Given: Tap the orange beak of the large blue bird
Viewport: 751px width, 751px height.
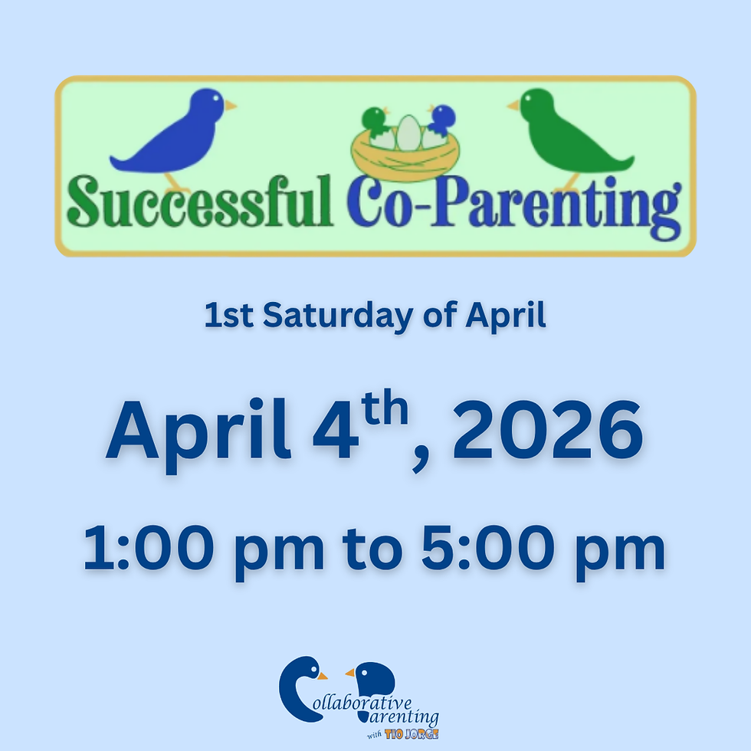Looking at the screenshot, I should pyautogui.click(x=230, y=105).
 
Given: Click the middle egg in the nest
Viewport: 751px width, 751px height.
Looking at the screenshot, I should pyautogui.click(x=408, y=132).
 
